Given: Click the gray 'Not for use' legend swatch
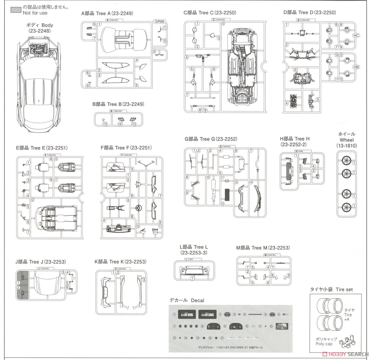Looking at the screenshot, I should coord(16,10).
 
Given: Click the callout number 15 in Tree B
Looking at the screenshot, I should coord(106,124).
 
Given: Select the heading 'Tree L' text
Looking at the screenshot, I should coord(194,247).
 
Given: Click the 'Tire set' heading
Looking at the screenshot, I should coord(331,289).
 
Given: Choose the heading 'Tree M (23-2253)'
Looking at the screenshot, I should coord(263,248).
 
